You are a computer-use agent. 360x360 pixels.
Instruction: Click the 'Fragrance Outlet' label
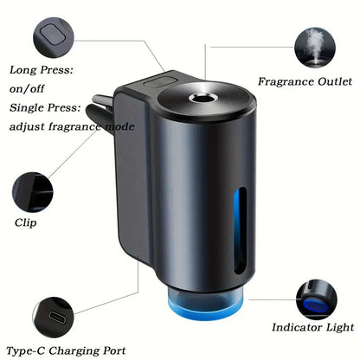coord(305,81)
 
